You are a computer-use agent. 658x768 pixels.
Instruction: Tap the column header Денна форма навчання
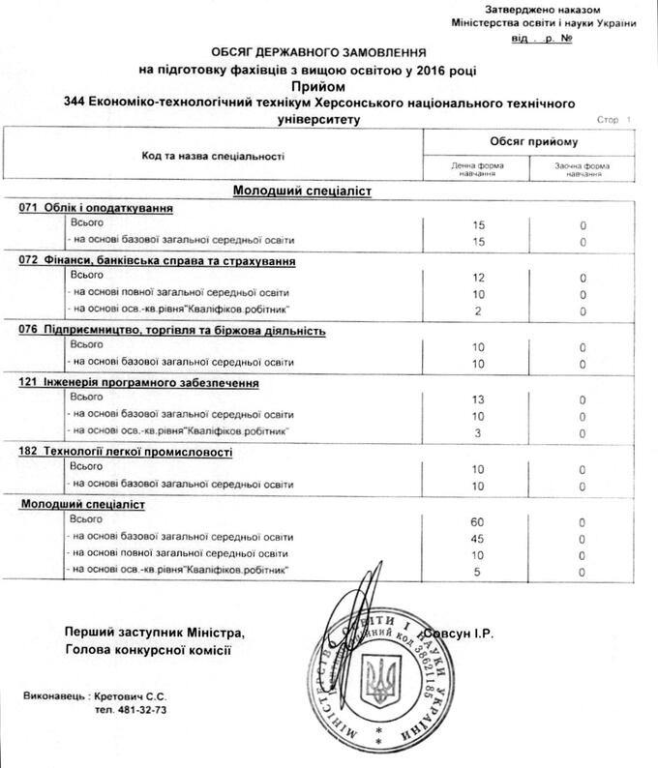pos(475,167)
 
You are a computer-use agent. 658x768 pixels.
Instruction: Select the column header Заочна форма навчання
pos(583,167)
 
